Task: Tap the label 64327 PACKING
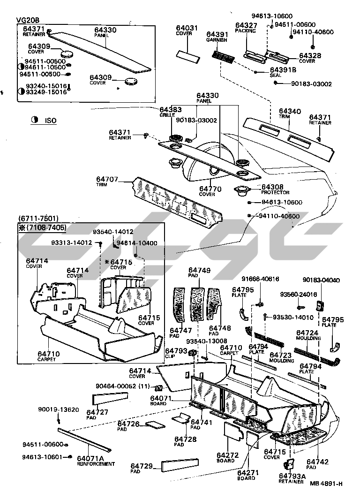click(x=246, y=28)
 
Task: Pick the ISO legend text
click(x=50, y=121)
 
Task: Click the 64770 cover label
click(x=207, y=189)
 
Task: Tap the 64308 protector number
click(x=272, y=187)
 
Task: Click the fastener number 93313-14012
click(x=71, y=242)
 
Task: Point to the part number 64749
click(x=199, y=270)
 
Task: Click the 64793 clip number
click(x=176, y=350)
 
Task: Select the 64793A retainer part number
click(x=292, y=476)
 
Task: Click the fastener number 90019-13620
click(x=59, y=409)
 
